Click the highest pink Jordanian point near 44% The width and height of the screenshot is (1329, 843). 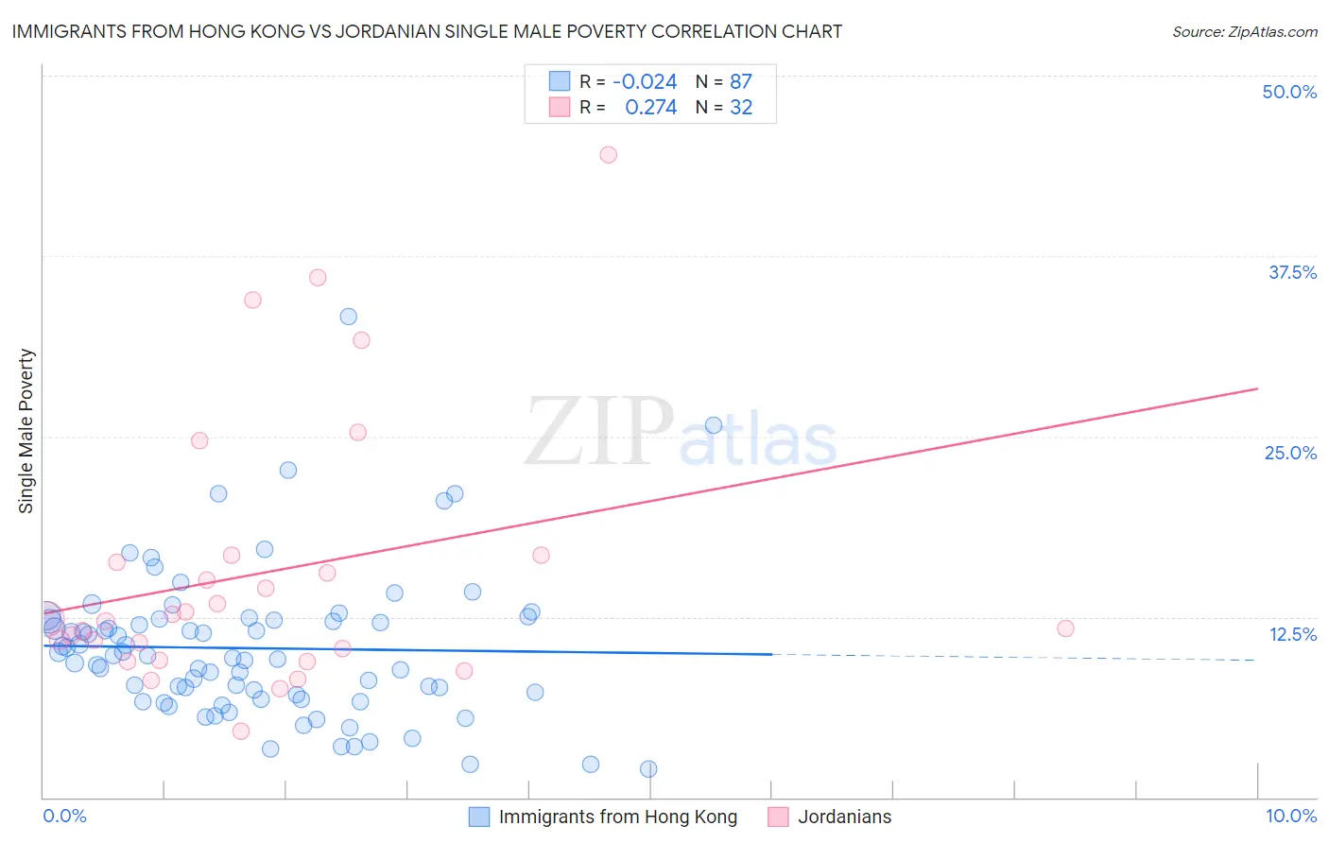[609, 155]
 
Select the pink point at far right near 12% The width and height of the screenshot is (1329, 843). [1065, 628]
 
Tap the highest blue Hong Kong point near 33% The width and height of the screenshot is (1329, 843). [349, 317]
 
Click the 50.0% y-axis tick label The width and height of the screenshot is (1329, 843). [1289, 92]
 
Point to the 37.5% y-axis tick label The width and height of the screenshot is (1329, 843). [1292, 272]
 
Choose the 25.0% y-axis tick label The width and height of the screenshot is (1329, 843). [1290, 453]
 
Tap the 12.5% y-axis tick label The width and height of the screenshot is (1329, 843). [1292, 634]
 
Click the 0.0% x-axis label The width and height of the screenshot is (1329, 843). [64, 816]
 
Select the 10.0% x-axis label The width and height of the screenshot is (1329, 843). [1291, 816]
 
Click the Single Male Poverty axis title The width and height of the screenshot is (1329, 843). [26, 431]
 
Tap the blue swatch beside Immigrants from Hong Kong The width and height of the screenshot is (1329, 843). [479, 817]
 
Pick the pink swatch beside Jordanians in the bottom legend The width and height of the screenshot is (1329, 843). [778, 817]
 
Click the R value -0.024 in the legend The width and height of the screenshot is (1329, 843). [645, 82]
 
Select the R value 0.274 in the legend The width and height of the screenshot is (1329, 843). [650, 108]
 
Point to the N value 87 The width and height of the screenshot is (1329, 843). [741, 82]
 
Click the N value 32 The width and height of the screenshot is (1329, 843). [741, 108]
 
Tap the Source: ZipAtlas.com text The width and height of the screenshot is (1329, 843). [1244, 31]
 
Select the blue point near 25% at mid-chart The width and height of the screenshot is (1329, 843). [714, 425]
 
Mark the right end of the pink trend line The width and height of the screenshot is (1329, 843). [1257, 388]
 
